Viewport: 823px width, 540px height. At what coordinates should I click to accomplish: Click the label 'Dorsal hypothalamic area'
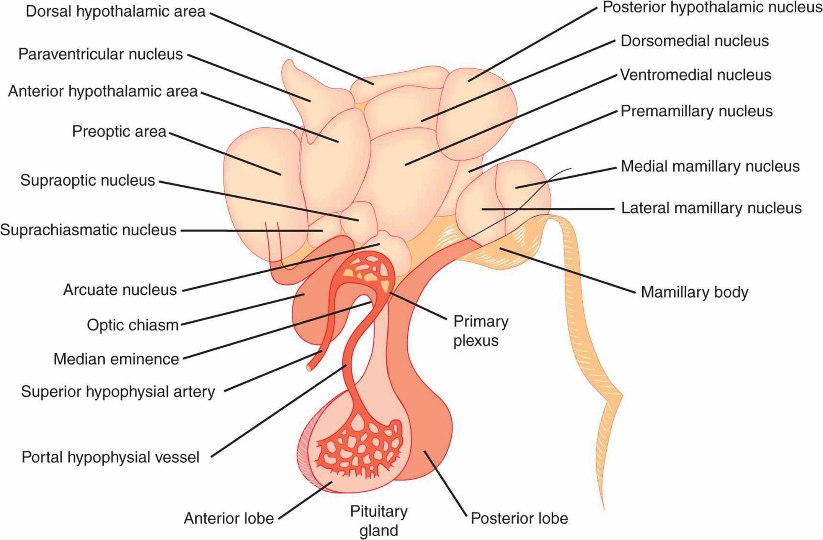tap(116, 11)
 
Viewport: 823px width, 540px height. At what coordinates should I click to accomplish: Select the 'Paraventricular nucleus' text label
tap(101, 54)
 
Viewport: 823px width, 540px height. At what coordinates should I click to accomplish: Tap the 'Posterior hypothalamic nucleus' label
tap(712, 8)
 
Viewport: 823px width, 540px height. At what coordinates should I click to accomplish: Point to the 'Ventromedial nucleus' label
tap(696, 75)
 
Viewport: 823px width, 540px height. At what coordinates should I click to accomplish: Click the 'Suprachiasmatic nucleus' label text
tap(88, 230)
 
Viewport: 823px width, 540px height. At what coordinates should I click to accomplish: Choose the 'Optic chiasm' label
tap(133, 325)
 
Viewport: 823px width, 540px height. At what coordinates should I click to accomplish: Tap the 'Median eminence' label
tap(116, 359)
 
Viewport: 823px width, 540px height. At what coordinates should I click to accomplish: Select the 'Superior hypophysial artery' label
tap(118, 392)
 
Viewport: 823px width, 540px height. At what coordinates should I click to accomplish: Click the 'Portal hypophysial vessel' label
tap(111, 457)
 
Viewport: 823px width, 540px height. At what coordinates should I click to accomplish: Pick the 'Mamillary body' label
tap(694, 292)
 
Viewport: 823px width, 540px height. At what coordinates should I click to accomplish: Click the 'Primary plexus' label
tap(481, 331)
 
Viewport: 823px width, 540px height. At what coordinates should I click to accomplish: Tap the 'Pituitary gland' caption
tap(379, 521)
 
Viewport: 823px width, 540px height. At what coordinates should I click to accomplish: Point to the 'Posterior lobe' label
tap(519, 519)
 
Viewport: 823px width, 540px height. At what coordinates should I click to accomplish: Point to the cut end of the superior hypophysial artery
tap(309, 368)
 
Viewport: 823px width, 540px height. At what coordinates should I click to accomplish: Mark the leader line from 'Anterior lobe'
tap(305, 501)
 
